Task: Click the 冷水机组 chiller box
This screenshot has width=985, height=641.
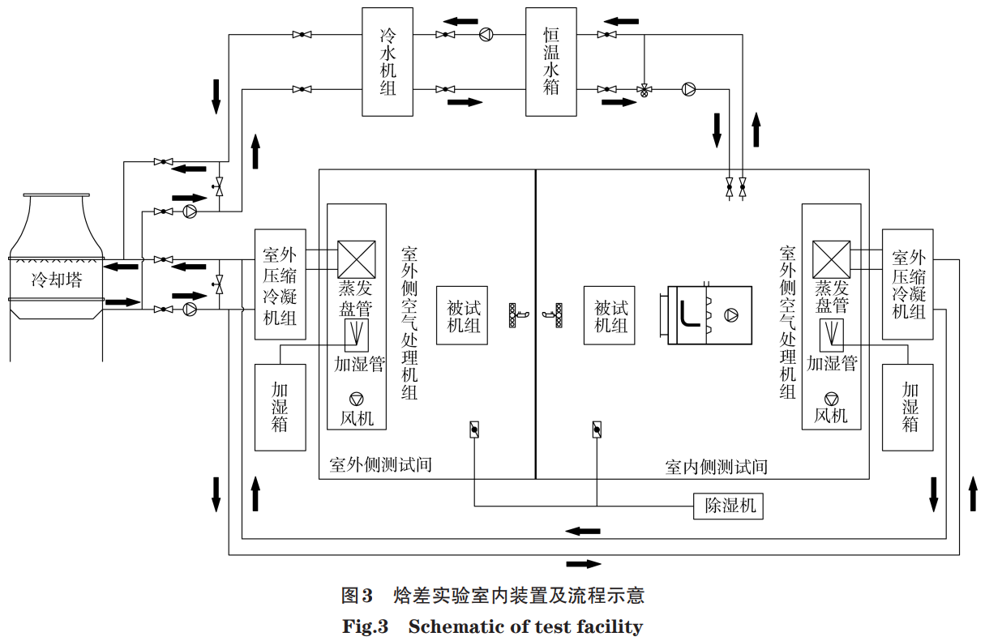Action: pyautogui.click(x=388, y=62)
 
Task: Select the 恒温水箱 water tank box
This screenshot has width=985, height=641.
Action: pyautogui.click(x=550, y=62)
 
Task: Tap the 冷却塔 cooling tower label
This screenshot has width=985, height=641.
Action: pyautogui.click(x=56, y=280)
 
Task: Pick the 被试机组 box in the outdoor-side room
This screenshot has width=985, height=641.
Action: pyautogui.click(x=462, y=315)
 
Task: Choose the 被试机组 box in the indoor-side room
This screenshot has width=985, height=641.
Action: pyautogui.click(x=610, y=315)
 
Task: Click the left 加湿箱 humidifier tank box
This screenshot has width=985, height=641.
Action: pyautogui.click(x=280, y=407)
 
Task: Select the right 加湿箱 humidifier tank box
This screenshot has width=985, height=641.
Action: pyautogui.click(x=907, y=407)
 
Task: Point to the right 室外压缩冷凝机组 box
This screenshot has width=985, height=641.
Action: pyautogui.click(x=907, y=283)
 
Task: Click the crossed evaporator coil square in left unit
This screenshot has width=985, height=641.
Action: pyautogui.click(x=357, y=259)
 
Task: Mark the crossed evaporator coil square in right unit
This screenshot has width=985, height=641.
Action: pyautogui.click(x=831, y=259)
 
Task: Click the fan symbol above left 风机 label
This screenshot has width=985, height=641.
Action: pyautogui.click(x=357, y=399)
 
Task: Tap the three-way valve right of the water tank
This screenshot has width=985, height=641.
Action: pyautogui.click(x=645, y=90)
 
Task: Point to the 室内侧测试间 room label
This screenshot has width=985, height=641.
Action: pyautogui.click(x=716, y=467)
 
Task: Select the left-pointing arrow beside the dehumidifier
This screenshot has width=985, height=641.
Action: pyautogui.click(x=583, y=531)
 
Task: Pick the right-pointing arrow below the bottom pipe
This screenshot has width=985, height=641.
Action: pyautogui.click(x=584, y=563)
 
